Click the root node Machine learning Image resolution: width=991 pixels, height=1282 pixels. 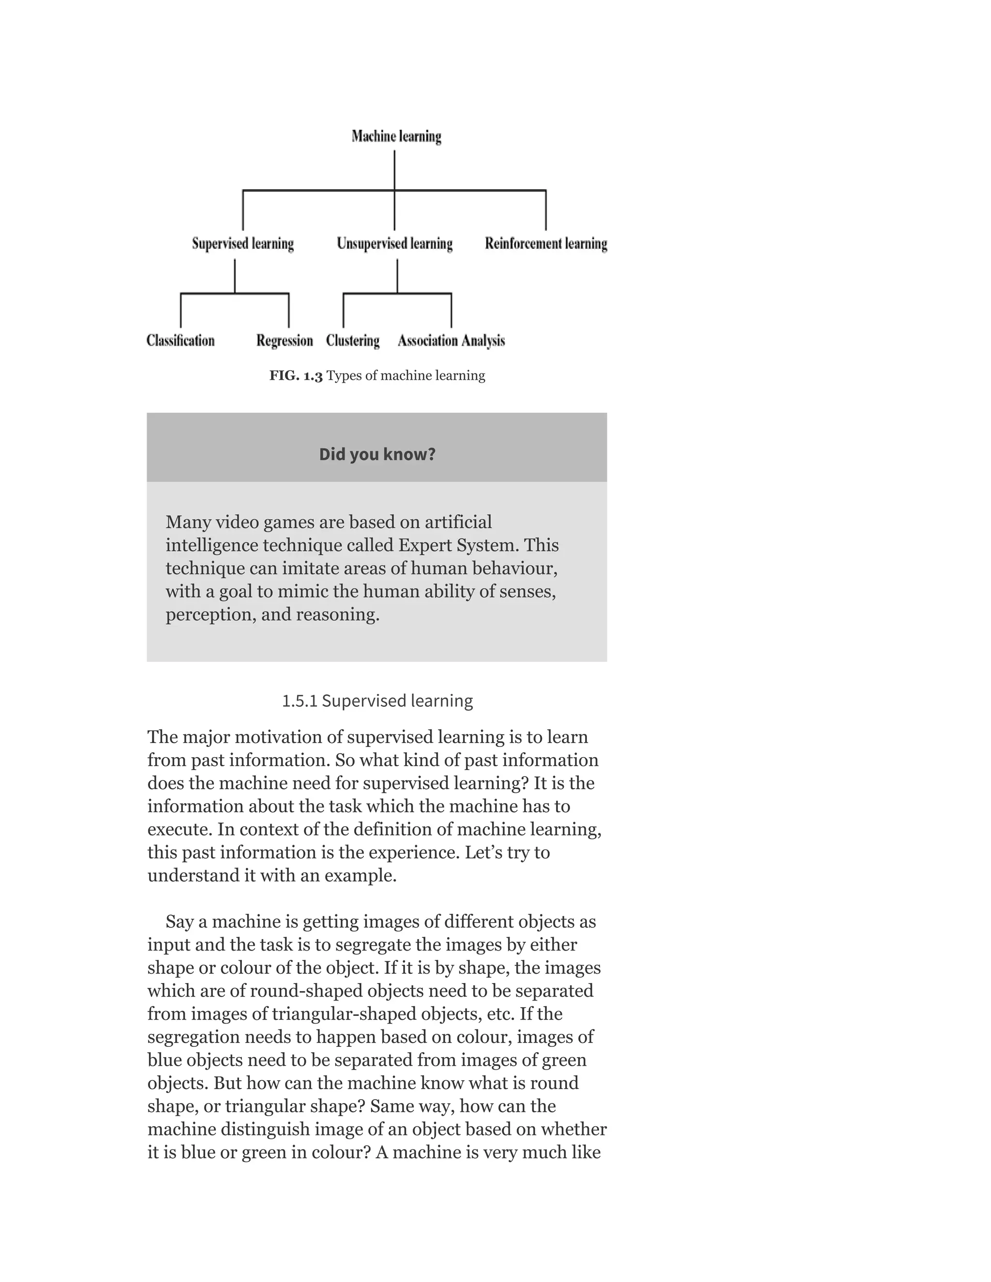point(396,136)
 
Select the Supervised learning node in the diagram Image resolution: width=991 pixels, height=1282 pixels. point(242,244)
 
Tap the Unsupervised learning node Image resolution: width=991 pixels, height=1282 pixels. point(394,244)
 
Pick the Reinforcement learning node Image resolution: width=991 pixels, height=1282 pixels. point(546,244)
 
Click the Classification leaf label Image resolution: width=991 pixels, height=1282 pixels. point(180,341)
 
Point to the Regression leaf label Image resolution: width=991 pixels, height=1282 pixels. point(284,341)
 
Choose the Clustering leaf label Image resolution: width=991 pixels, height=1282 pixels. point(352,341)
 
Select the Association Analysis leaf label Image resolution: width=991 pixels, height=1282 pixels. point(451,341)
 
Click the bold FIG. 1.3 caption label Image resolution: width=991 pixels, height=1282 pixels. point(296,376)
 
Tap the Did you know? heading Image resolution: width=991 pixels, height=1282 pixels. point(377,454)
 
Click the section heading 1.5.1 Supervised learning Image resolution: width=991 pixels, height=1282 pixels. point(377,701)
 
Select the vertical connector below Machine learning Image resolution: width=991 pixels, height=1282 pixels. point(394,170)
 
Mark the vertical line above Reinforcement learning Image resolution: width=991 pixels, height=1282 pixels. point(546,210)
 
